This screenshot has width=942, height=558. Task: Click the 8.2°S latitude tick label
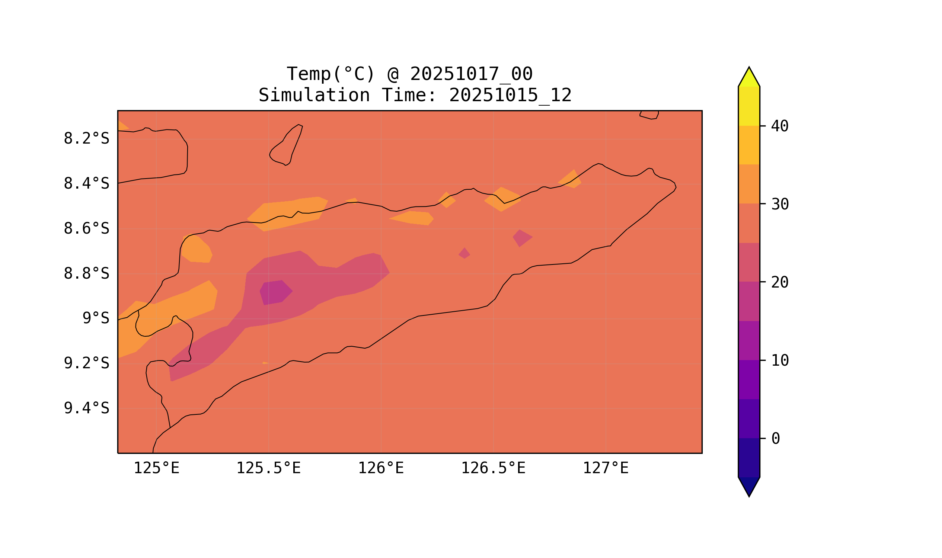86,139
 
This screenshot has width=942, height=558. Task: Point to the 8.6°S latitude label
86,229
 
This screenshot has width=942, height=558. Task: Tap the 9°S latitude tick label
96,318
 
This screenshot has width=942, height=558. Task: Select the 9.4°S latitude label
86,408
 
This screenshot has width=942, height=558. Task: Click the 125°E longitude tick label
156,468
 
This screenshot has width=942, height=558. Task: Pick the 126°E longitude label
381,468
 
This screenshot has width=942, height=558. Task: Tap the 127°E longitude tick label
605,468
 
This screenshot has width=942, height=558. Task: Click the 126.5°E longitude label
493,468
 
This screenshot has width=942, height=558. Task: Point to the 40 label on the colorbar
779,126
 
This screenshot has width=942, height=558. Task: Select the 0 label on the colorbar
776,439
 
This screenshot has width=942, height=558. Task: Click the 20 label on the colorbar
779,282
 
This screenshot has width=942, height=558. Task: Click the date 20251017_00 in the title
471,74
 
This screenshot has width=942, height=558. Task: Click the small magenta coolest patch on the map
276,292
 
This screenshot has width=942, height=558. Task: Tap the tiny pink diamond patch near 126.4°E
464,253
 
